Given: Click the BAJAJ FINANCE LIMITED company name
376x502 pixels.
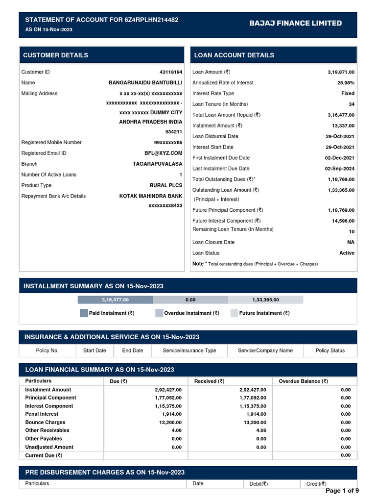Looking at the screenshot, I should [x=295, y=23].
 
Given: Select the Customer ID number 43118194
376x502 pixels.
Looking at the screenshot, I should [x=171, y=72].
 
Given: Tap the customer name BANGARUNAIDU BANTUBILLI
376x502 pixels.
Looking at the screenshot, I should [x=145, y=83].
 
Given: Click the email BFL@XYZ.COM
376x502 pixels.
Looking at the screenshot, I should [x=164, y=153].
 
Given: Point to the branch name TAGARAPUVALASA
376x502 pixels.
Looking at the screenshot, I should [x=157, y=164].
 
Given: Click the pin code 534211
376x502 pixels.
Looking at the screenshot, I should [x=174, y=132].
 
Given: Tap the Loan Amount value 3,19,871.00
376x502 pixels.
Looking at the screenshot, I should [x=341, y=72].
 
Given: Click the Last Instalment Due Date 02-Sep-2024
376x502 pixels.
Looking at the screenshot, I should [x=340, y=169].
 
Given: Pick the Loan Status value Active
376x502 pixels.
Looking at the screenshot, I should [x=347, y=253].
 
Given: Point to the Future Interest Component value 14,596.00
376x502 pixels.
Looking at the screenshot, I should [x=343, y=221].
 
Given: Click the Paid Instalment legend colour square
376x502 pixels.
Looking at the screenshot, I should [x=84, y=313].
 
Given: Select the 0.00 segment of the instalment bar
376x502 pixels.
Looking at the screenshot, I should [x=190, y=300].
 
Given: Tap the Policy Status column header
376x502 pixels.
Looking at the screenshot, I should [x=330, y=351].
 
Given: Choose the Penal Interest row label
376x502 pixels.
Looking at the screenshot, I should [x=42, y=414].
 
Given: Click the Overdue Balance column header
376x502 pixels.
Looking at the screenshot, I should [x=303, y=381].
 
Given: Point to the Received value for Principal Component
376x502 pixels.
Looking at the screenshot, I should [x=253, y=398].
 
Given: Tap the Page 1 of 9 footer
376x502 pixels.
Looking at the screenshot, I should [x=342, y=491].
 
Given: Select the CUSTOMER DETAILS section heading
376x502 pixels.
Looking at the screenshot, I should [x=56, y=55].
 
